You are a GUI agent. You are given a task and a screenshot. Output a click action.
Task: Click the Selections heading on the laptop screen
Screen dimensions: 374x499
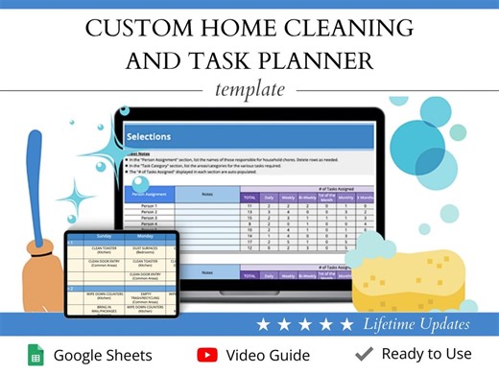pos(149,137)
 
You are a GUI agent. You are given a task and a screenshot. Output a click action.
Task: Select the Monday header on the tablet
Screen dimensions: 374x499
pos(145,233)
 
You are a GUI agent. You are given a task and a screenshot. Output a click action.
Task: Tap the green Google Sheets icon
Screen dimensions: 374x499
pos(36,355)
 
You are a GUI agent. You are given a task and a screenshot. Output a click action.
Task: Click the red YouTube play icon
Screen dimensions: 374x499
pos(206,355)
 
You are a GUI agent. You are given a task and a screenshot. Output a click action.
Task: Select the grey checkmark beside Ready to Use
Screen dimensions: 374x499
pos(364,355)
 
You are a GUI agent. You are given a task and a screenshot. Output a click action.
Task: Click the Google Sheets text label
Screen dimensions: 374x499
pos(103,355)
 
